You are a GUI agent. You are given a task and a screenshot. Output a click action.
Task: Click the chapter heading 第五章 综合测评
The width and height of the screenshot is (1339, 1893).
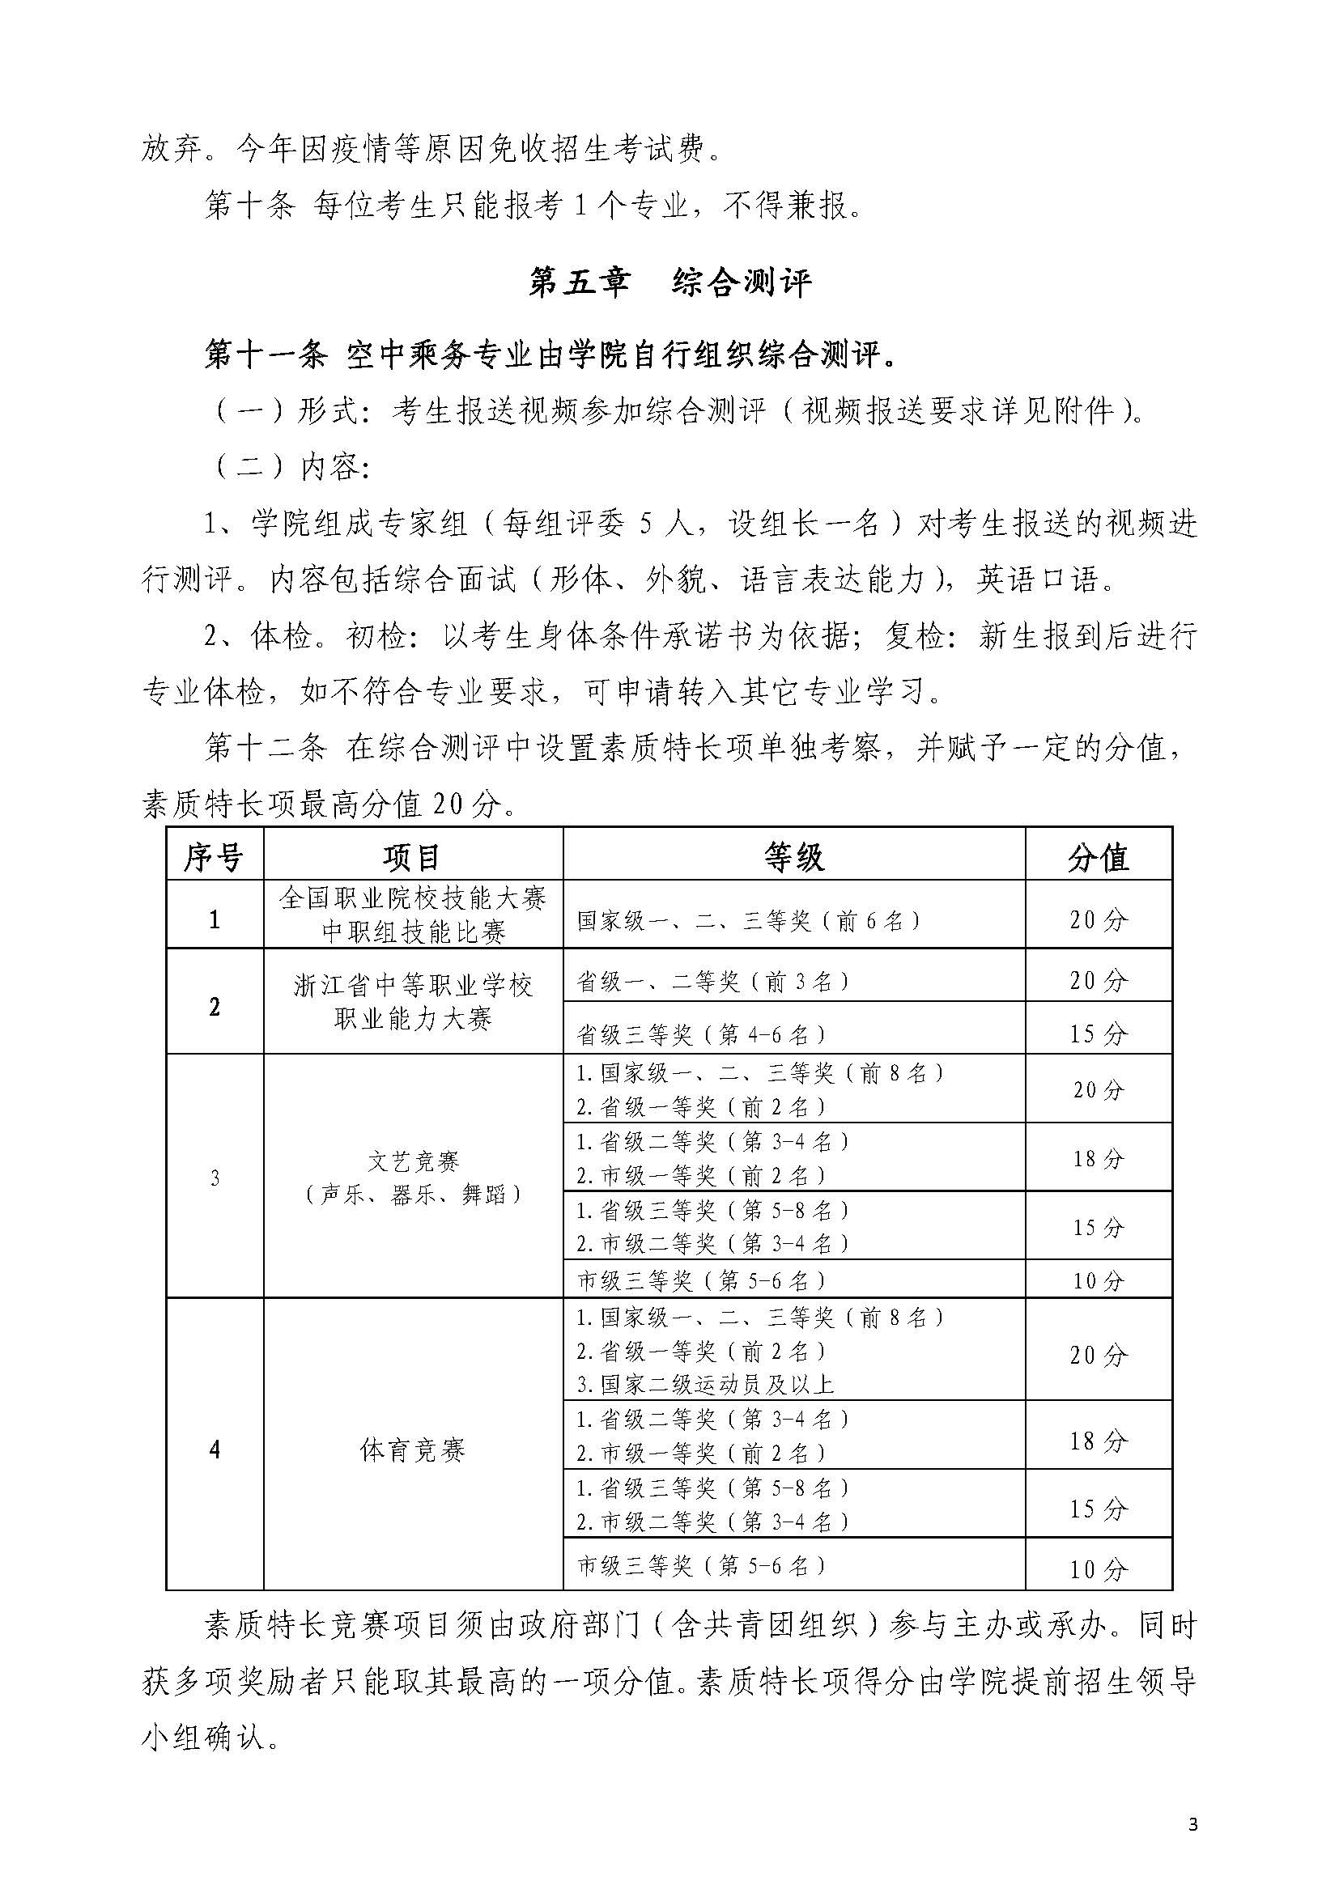[x=669, y=282]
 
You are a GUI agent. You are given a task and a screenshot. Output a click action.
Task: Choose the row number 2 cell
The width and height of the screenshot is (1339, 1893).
[x=215, y=1007]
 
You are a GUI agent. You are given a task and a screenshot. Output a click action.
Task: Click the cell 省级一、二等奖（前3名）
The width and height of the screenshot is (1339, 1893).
[x=713, y=980]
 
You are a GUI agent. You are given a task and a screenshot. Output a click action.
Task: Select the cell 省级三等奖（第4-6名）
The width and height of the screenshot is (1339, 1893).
[x=702, y=1034]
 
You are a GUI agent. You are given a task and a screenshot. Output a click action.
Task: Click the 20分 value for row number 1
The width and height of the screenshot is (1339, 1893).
[x=1099, y=920]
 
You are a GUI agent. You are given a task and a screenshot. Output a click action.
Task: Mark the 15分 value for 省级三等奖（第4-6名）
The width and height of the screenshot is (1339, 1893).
[x=1099, y=1034]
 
